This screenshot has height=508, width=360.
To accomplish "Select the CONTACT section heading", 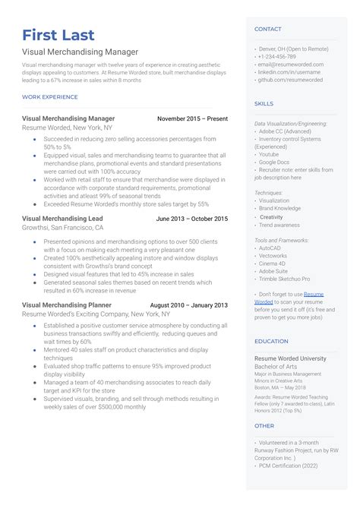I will (x=267, y=29).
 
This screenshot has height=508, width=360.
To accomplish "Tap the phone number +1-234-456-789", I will (x=278, y=57).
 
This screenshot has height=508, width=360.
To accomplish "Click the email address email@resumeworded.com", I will (x=291, y=65).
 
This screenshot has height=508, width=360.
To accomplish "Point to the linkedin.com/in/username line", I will (x=290, y=72).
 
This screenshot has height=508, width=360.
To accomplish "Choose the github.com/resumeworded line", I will (x=290, y=80).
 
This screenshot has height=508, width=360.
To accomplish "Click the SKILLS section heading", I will (x=264, y=103).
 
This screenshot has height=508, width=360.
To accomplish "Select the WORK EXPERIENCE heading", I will (x=50, y=97).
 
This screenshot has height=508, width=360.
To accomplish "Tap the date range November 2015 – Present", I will (x=192, y=118).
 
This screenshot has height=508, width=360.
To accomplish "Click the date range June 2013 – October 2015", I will (x=191, y=219).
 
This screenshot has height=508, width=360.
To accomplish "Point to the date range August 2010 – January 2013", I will (x=189, y=305).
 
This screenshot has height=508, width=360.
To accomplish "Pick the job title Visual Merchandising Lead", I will (x=62, y=219).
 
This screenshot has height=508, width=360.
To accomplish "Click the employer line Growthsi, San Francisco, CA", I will (x=62, y=227).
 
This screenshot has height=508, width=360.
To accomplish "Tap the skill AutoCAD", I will (x=270, y=248).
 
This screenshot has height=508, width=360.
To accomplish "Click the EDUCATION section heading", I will (x=271, y=342).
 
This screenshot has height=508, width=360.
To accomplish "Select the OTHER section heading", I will (x=264, y=426).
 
